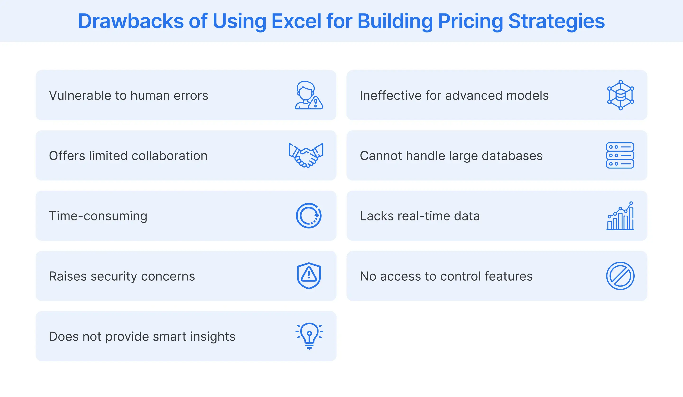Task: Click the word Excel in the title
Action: pos(296,21)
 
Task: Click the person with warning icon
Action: pos(309,95)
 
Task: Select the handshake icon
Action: pos(306,155)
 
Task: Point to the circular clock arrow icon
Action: pos(309,215)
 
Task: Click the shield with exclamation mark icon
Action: pos(309,276)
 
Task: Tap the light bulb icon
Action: pos(309,336)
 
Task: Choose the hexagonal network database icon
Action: pos(620,95)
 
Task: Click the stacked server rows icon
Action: pos(620,155)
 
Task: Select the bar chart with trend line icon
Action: pos(620,216)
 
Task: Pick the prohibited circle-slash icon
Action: pos(620,276)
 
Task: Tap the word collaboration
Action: pos(169,156)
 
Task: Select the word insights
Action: pos(213,337)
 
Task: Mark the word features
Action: pos(508,276)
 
